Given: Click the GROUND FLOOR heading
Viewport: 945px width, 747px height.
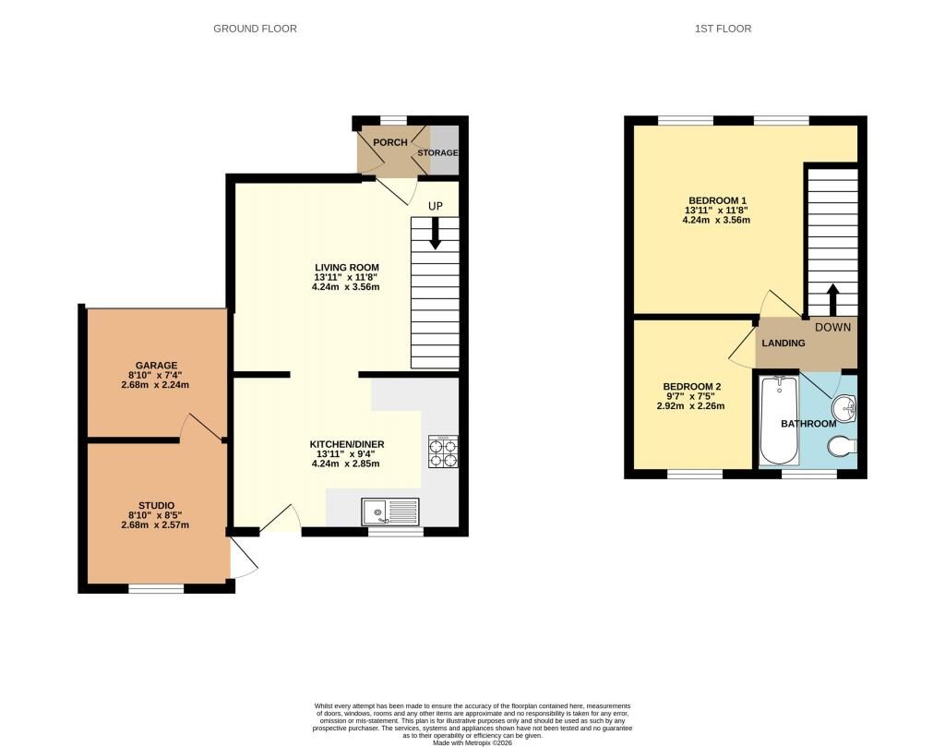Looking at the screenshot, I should coord(255,29).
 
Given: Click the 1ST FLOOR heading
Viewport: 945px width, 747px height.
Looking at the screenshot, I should coord(723,29).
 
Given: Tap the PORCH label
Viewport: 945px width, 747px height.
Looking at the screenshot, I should coord(389,143).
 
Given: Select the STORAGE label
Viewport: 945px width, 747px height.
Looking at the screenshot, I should coord(437,152).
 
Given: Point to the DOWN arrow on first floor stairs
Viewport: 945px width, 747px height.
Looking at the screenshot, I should coord(832,299).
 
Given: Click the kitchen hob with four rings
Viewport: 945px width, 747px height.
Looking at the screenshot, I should coord(442,452).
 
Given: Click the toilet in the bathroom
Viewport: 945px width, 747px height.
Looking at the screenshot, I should coord(843,447).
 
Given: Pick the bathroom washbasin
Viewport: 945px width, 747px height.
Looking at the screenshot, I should coord(844,406).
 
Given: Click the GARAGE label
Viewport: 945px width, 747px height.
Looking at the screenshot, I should coord(155,366).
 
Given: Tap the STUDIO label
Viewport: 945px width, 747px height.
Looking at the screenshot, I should coord(155,504).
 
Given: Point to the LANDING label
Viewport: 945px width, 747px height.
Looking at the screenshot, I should coord(783,343).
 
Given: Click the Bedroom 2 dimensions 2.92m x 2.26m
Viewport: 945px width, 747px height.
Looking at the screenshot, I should coord(690,405).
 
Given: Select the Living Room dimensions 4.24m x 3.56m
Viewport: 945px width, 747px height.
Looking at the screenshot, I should coord(346,286).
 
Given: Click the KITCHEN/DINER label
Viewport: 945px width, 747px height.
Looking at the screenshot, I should coord(346,444).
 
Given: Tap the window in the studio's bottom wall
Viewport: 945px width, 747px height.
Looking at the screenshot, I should coord(155,588).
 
